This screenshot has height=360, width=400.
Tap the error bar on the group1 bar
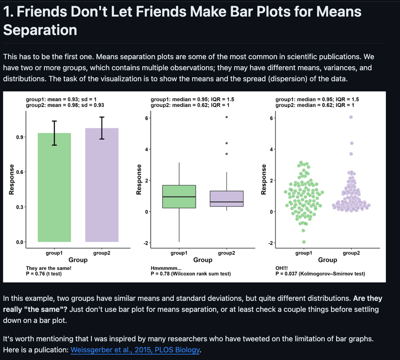click(54, 133)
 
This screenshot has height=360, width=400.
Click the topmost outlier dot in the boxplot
click(226, 117)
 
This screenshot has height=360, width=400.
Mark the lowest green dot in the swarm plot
click(304, 242)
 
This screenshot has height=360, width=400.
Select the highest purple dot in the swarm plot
click(351, 117)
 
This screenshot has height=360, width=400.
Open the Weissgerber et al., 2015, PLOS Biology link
click(135, 350)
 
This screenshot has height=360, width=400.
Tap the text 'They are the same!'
click(48, 268)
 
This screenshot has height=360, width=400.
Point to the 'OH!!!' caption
click(282, 268)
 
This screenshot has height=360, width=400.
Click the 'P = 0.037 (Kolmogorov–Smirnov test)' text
click(320, 274)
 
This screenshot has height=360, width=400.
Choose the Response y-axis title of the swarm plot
click(263, 179)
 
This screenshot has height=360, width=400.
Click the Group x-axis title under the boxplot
click(202, 260)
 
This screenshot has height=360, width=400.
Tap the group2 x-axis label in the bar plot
click(102, 253)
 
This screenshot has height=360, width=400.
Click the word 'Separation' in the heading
click(40, 30)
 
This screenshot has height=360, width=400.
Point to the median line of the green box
click(179, 196)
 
